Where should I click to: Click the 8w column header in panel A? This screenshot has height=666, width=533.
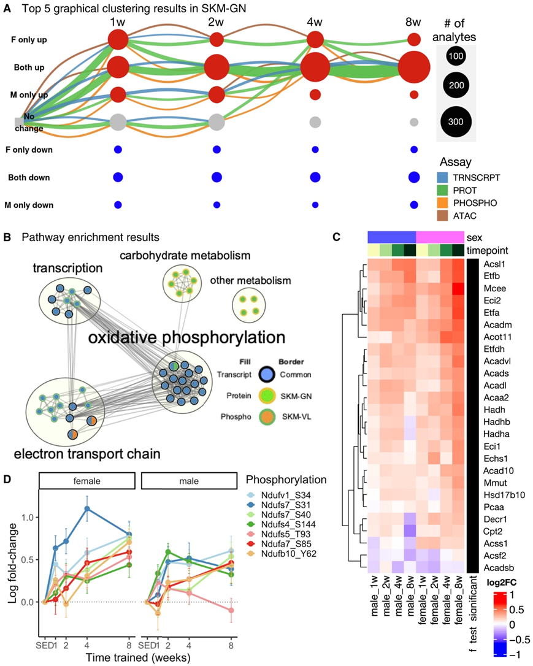413,23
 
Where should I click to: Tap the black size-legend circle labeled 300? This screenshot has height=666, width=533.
455,121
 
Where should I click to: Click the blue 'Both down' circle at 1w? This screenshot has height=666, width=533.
118,177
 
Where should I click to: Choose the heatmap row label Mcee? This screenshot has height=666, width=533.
489,288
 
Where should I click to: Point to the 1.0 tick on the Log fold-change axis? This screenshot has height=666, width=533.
28,516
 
